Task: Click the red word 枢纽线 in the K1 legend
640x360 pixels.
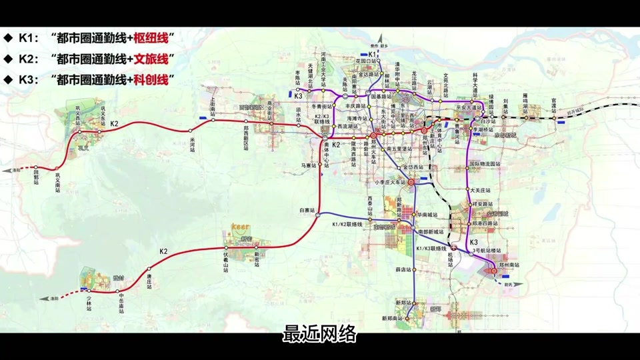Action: tap(154, 37)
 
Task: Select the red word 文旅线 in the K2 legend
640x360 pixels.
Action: tap(154, 58)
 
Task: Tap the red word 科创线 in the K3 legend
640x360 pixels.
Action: tap(154, 79)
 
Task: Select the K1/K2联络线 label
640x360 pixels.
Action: tap(347, 224)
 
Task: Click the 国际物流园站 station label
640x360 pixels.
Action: tap(485, 163)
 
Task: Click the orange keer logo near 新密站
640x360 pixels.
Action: tap(240, 227)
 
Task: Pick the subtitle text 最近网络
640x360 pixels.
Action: tap(320, 334)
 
